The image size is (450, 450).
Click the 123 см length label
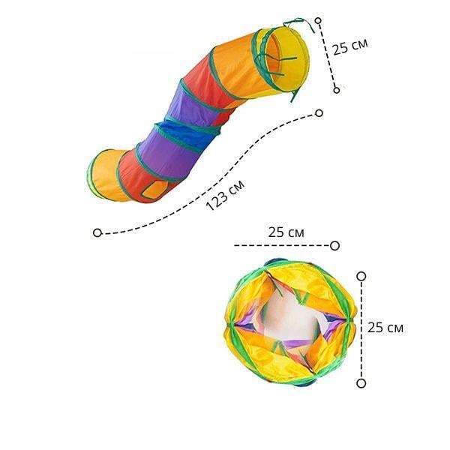[x=225, y=196]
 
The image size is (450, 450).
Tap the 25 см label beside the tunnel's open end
[x=350, y=46]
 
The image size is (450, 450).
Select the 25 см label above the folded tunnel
[x=286, y=232]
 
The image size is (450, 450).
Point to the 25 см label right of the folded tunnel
[x=385, y=328]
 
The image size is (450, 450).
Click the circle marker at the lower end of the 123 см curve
[x=97, y=232]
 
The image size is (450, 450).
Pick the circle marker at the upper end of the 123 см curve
[x=319, y=113]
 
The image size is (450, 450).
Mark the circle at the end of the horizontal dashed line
[x=335, y=246]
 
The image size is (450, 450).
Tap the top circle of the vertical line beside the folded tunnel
[x=361, y=276]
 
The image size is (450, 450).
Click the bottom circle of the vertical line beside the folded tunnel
[x=361, y=383]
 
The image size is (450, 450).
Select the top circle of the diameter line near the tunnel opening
[x=318, y=21]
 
